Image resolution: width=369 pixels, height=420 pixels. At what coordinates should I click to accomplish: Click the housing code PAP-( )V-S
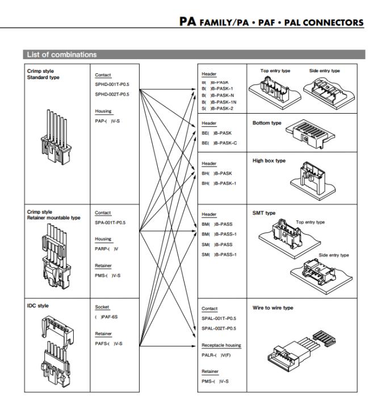107,119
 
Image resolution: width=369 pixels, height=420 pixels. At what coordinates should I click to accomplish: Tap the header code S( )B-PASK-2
219,107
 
